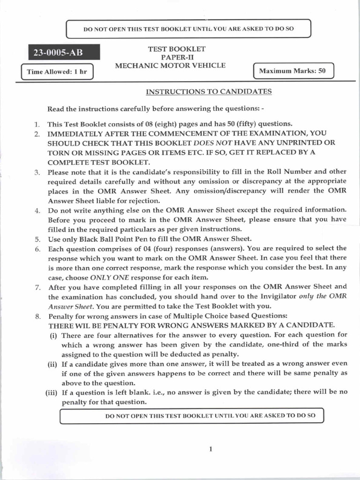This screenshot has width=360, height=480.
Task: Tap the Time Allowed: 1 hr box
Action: pyautogui.click(x=58, y=72)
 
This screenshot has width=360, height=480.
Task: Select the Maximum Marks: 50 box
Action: pyautogui.click(x=293, y=72)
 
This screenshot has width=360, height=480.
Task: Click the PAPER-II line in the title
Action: pyautogui.click(x=170, y=57)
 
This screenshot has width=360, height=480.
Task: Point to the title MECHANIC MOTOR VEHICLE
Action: pyautogui.click(x=170, y=65)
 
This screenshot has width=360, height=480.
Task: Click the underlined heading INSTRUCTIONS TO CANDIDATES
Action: pyautogui.click(x=209, y=91)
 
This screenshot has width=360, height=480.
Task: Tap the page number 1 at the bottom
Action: pyautogui.click(x=211, y=449)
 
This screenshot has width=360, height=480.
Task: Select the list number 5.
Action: pyautogui.click(x=37, y=239)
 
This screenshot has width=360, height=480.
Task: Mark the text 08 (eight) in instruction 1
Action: pyautogui.click(x=156, y=124)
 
